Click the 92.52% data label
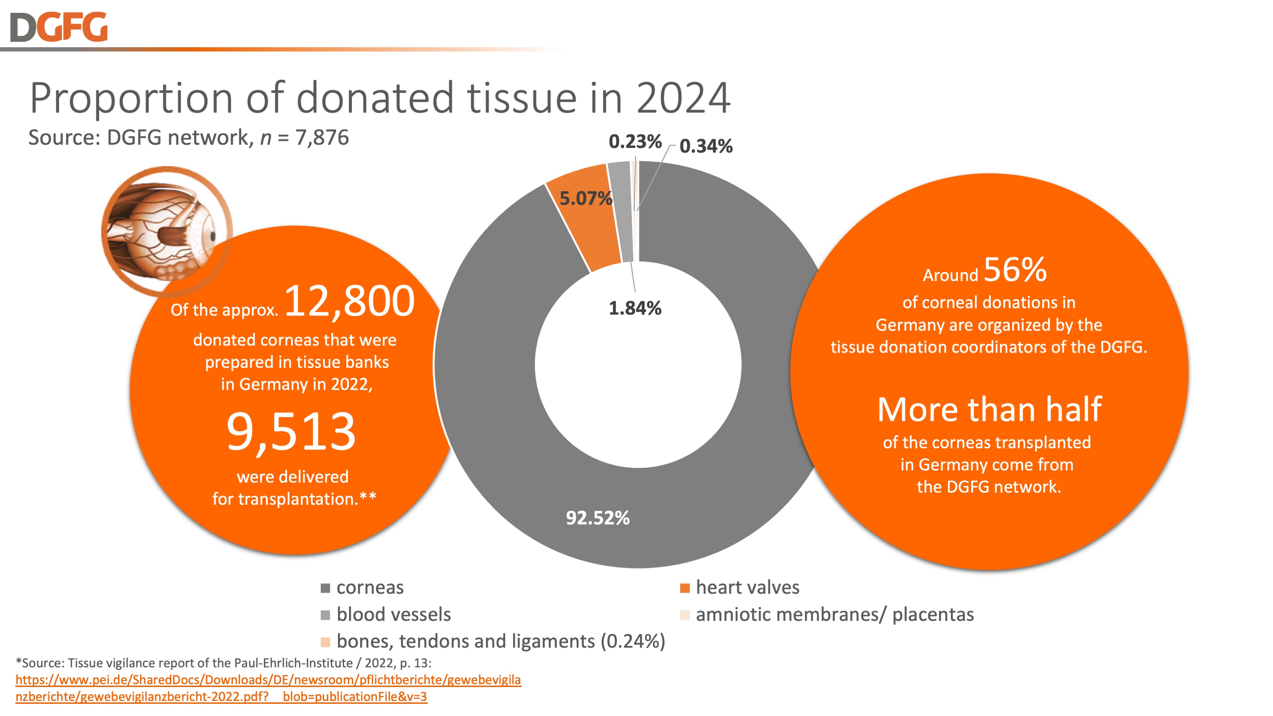click(597, 518)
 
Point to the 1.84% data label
click(634, 308)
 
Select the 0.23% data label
click(634, 142)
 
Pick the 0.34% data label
click(706, 146)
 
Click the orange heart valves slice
click(588, 232)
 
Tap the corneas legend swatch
click(325, 588)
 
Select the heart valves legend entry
click(747, 587)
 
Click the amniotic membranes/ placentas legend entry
click(834, 615)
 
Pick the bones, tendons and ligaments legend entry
click(500, 642)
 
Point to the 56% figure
click(1015, 270)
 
